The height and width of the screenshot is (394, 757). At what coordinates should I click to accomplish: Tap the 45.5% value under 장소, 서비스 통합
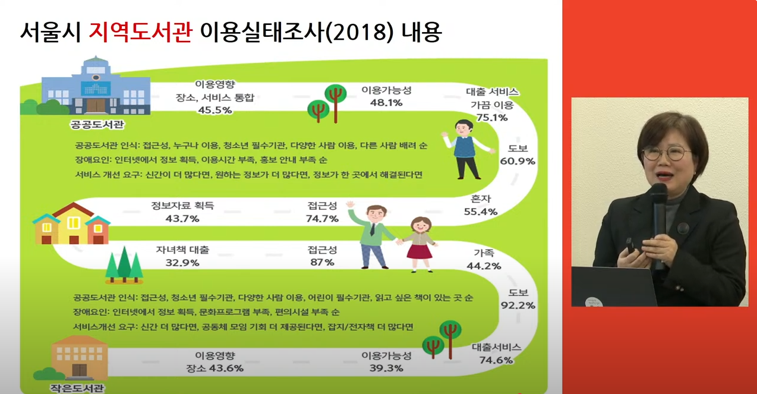(215, 110)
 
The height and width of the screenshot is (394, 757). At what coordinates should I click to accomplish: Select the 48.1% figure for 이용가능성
(386, 102)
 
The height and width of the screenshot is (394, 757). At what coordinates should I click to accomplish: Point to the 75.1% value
(492, 118)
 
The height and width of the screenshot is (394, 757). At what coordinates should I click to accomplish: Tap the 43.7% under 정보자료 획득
(182, 219)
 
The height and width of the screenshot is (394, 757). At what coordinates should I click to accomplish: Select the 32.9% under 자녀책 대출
(182, 262)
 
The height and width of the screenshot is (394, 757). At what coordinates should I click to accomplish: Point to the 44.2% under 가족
(484, 266)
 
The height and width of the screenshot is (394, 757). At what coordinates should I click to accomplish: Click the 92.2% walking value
(518, 305)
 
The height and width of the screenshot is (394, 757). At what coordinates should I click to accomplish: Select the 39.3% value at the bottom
(386, 368)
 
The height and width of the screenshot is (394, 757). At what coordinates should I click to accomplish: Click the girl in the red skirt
(420, 244)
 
